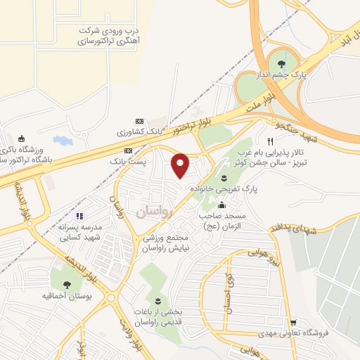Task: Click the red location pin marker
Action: click(x=181, y=165)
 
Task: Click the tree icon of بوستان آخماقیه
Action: click(x=67, y=285)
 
